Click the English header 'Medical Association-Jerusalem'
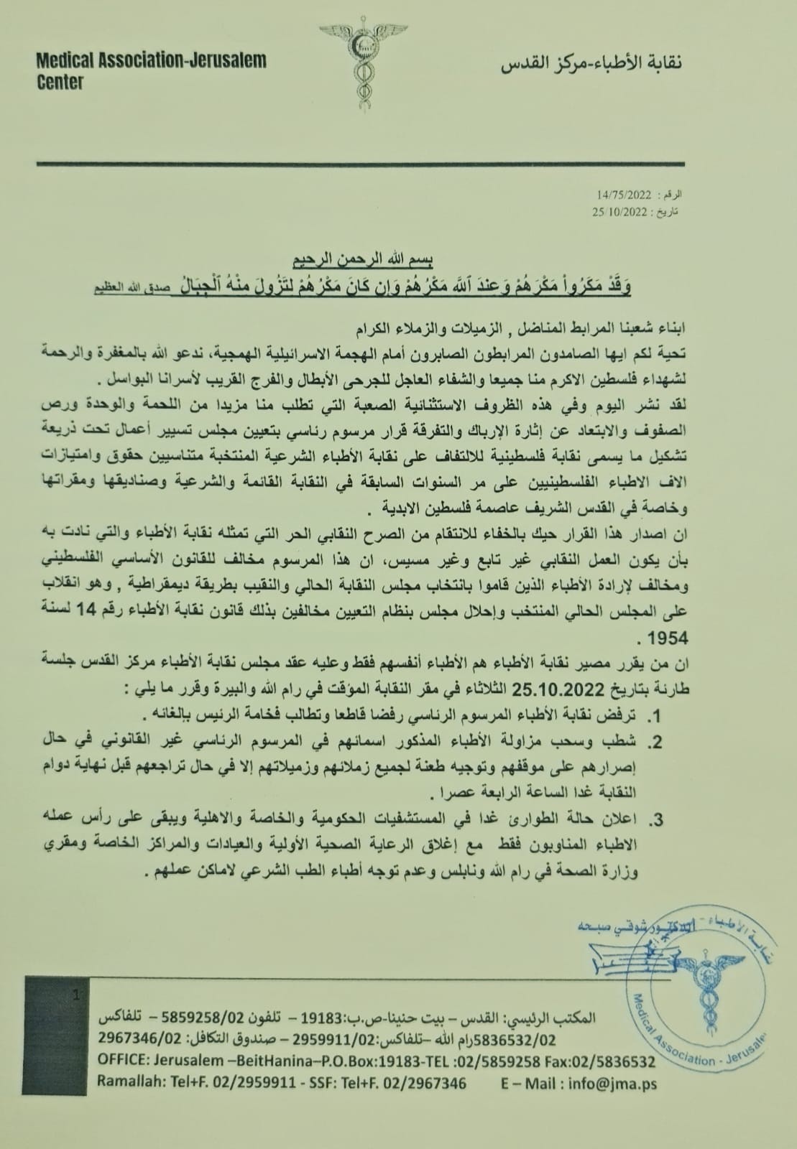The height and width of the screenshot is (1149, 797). [x=152, y=60]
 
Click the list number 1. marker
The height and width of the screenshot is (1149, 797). [x=654, y=716]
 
